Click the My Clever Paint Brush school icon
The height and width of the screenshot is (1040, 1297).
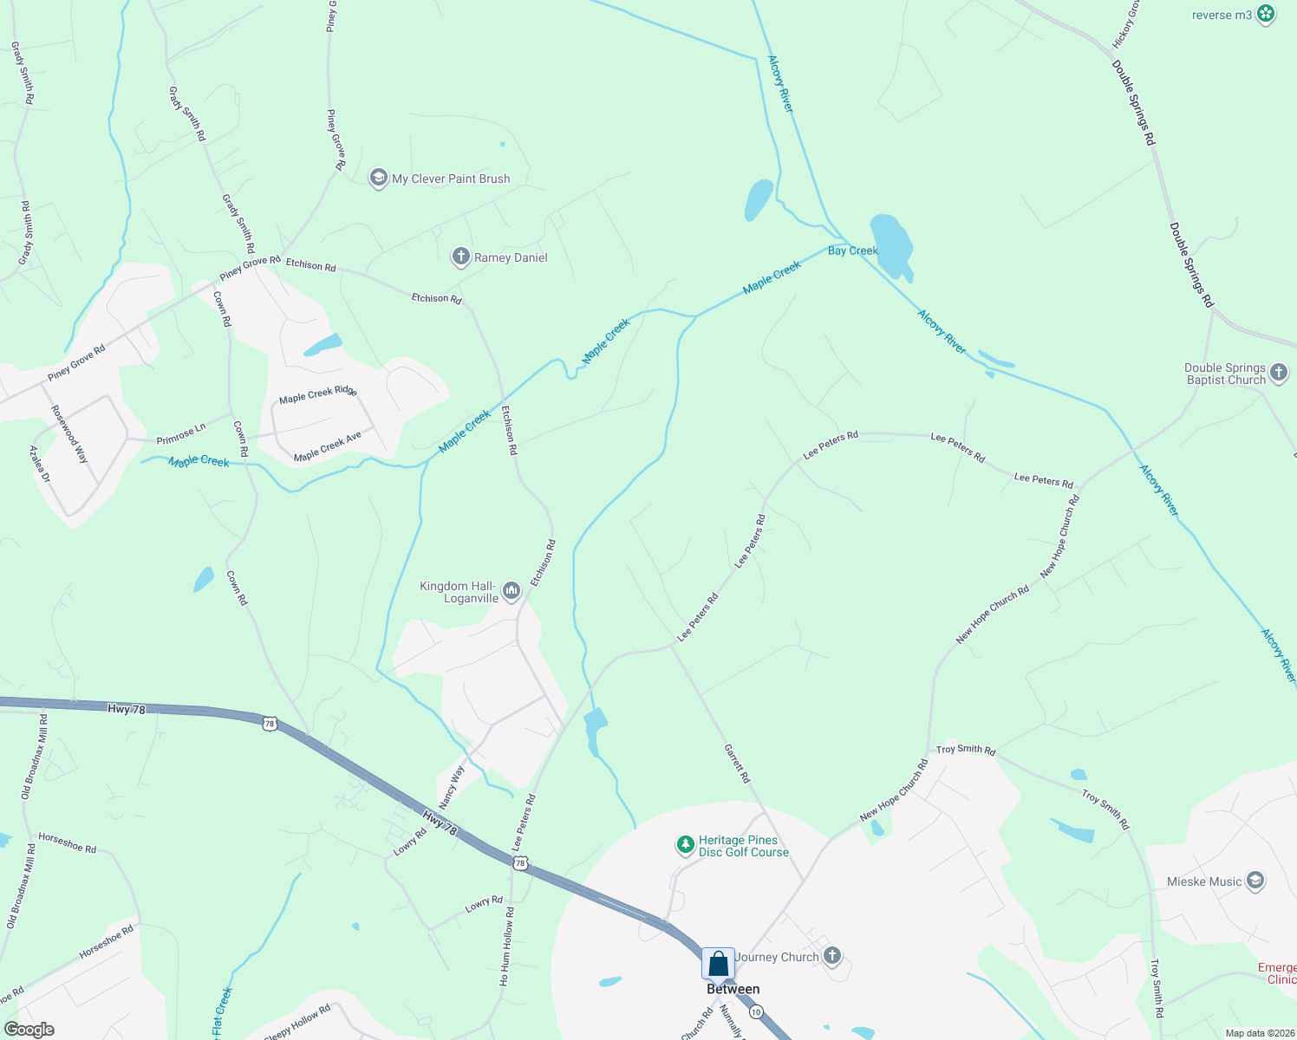click(x=378, y=179)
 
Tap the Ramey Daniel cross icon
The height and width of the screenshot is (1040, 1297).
click(x=461, y=257)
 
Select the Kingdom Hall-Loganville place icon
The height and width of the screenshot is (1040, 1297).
click(x=511, y=592)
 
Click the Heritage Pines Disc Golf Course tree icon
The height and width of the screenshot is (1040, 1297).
click(x=685, y=844)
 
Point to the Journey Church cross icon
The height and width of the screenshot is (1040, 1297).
click(x=832, y=956)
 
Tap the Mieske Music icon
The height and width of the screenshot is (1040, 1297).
click(x=1255, y=881)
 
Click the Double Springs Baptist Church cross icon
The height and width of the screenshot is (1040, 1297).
click(x=1279, y=374)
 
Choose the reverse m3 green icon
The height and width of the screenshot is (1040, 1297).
click(x=1266, y=14)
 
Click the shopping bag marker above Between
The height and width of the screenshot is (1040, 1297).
click(x=718, y=964)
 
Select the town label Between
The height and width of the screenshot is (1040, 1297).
click(x=733, y=989)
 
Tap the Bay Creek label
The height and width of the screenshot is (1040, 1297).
click(x=853, y=250)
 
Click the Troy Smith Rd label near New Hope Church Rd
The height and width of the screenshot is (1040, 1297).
click(x=966, y=749)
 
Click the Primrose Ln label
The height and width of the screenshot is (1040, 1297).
click(x=181, y=434)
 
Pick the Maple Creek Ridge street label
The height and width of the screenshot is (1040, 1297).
click(x=317, y=394)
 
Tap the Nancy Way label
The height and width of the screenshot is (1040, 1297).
click(x=452, y=787)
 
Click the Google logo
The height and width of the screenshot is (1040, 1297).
click(x=29, y=1029)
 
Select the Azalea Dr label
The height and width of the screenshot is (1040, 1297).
click(x=40, y=465)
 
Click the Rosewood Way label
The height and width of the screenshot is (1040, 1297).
click(x=69, y=434)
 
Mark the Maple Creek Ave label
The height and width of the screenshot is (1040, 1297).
click(x=327, y=447)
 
